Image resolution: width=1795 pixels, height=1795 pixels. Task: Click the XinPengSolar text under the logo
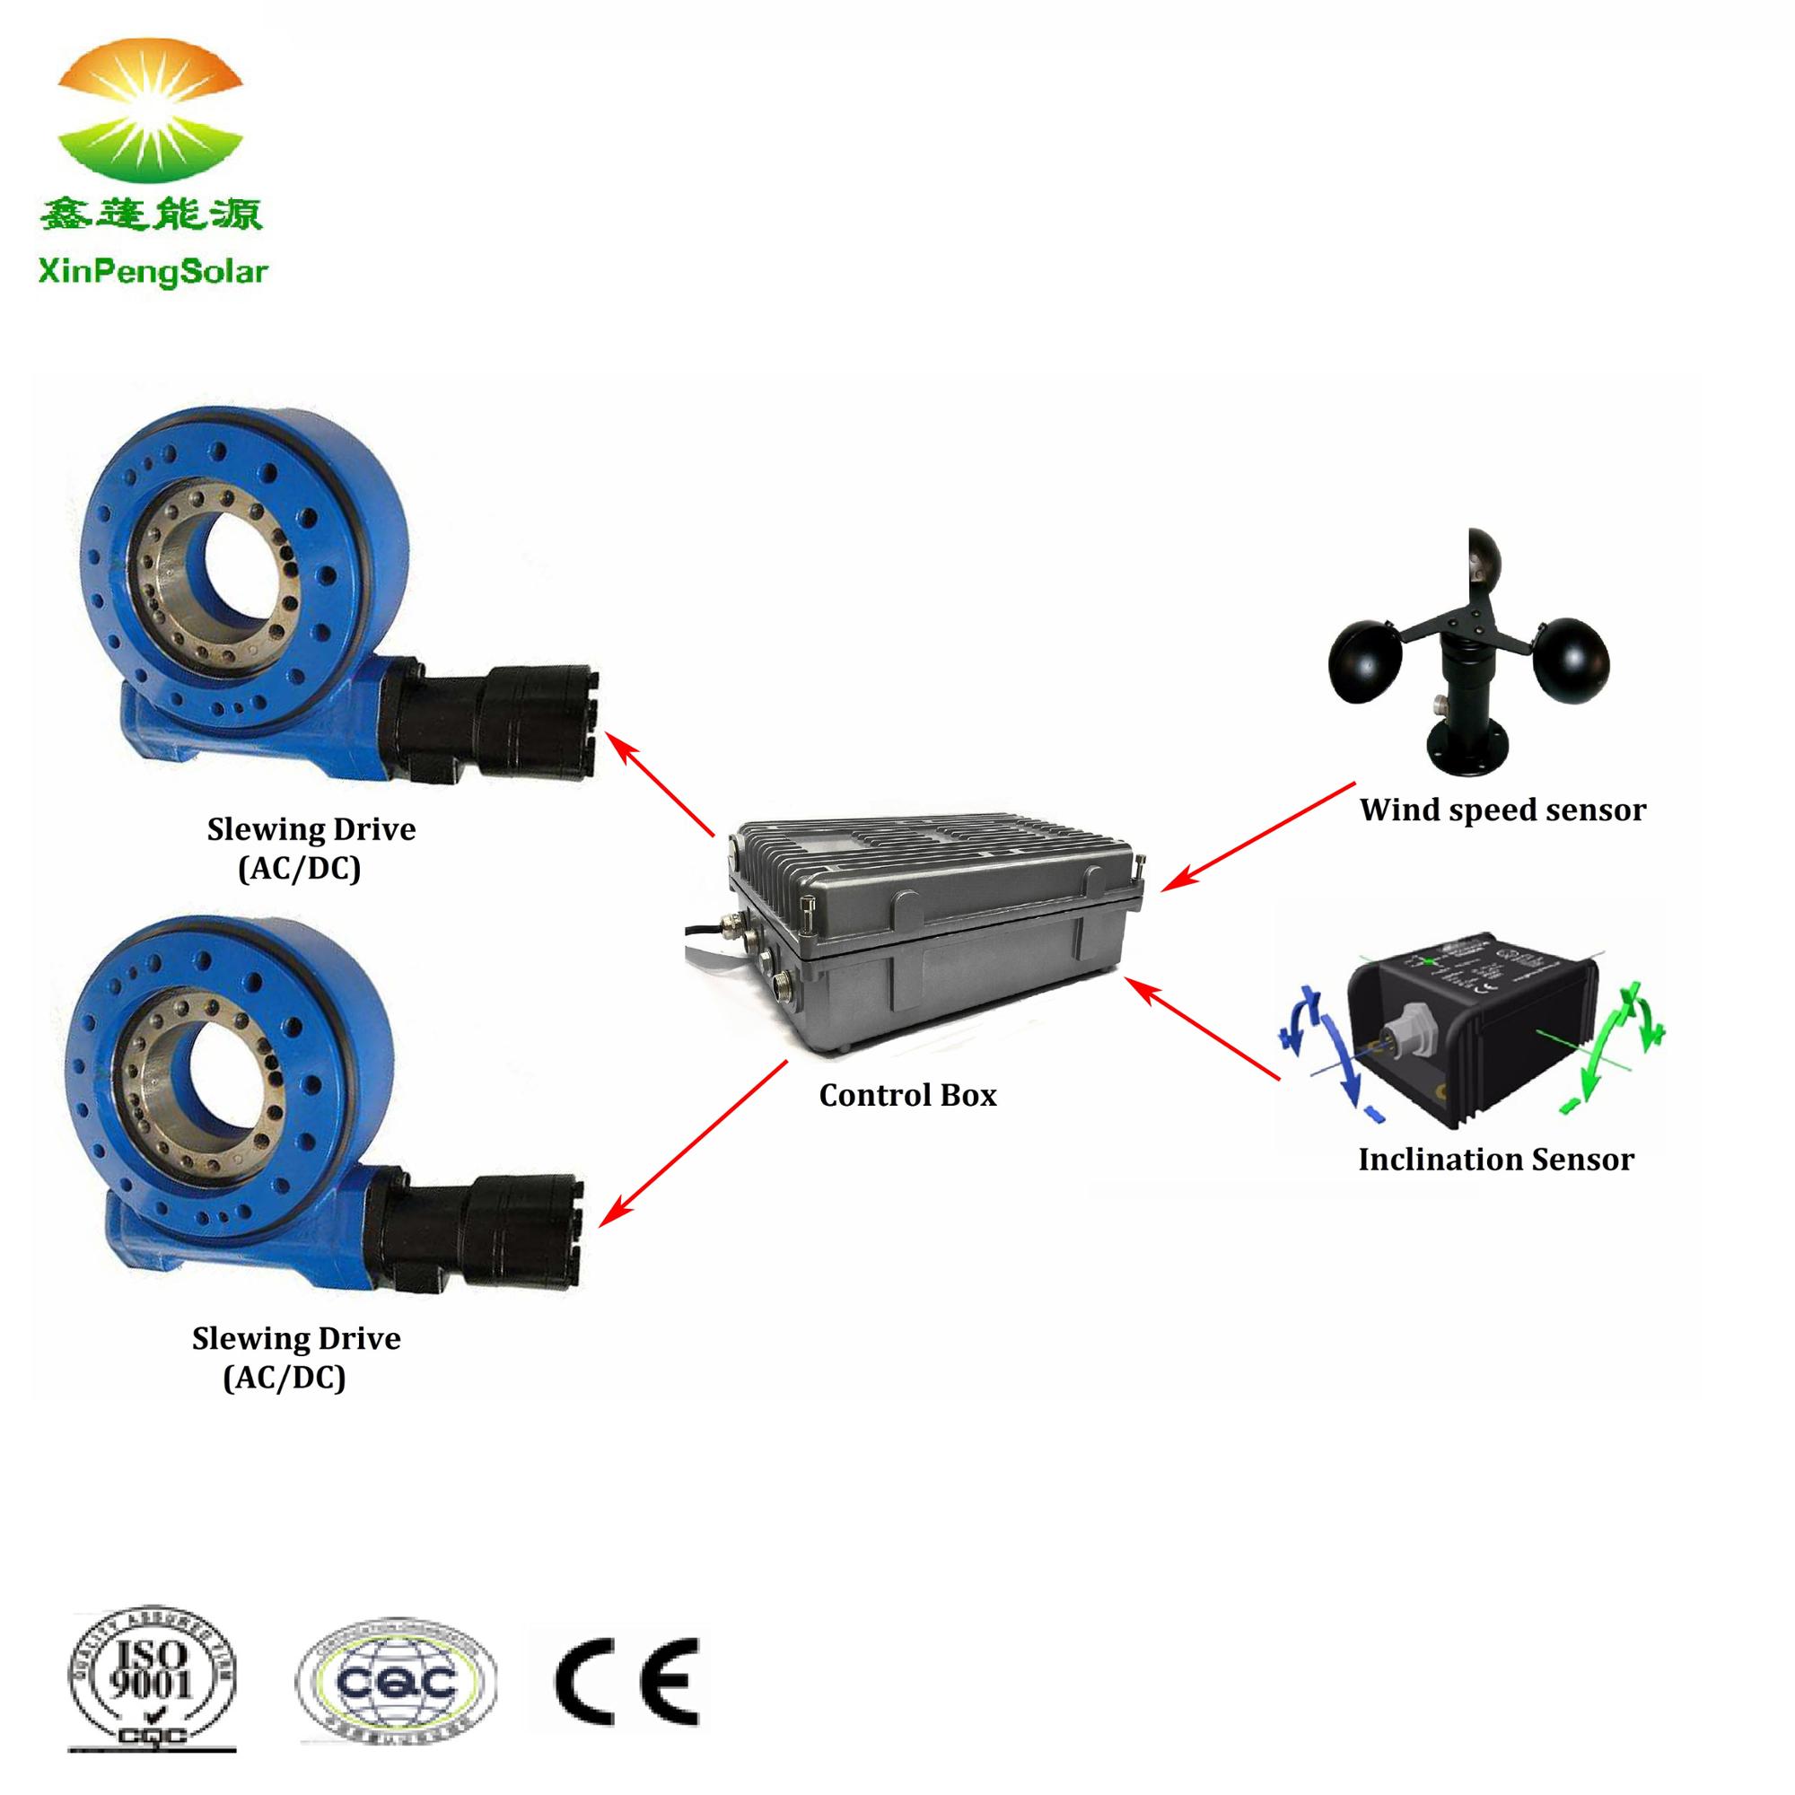tap(153, 272)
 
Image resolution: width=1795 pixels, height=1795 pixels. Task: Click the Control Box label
tap(906, 1095)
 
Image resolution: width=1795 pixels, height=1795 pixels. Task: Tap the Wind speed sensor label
tap(1502, 810)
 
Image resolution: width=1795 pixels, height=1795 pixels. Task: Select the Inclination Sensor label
tap(1496, 1160)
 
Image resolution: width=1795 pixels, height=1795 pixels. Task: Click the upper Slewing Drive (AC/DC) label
tap(311, 848)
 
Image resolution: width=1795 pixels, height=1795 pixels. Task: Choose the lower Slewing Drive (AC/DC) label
tap(295, 1357)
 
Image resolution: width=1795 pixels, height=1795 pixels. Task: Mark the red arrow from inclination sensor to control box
tap(1204, 1029)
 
